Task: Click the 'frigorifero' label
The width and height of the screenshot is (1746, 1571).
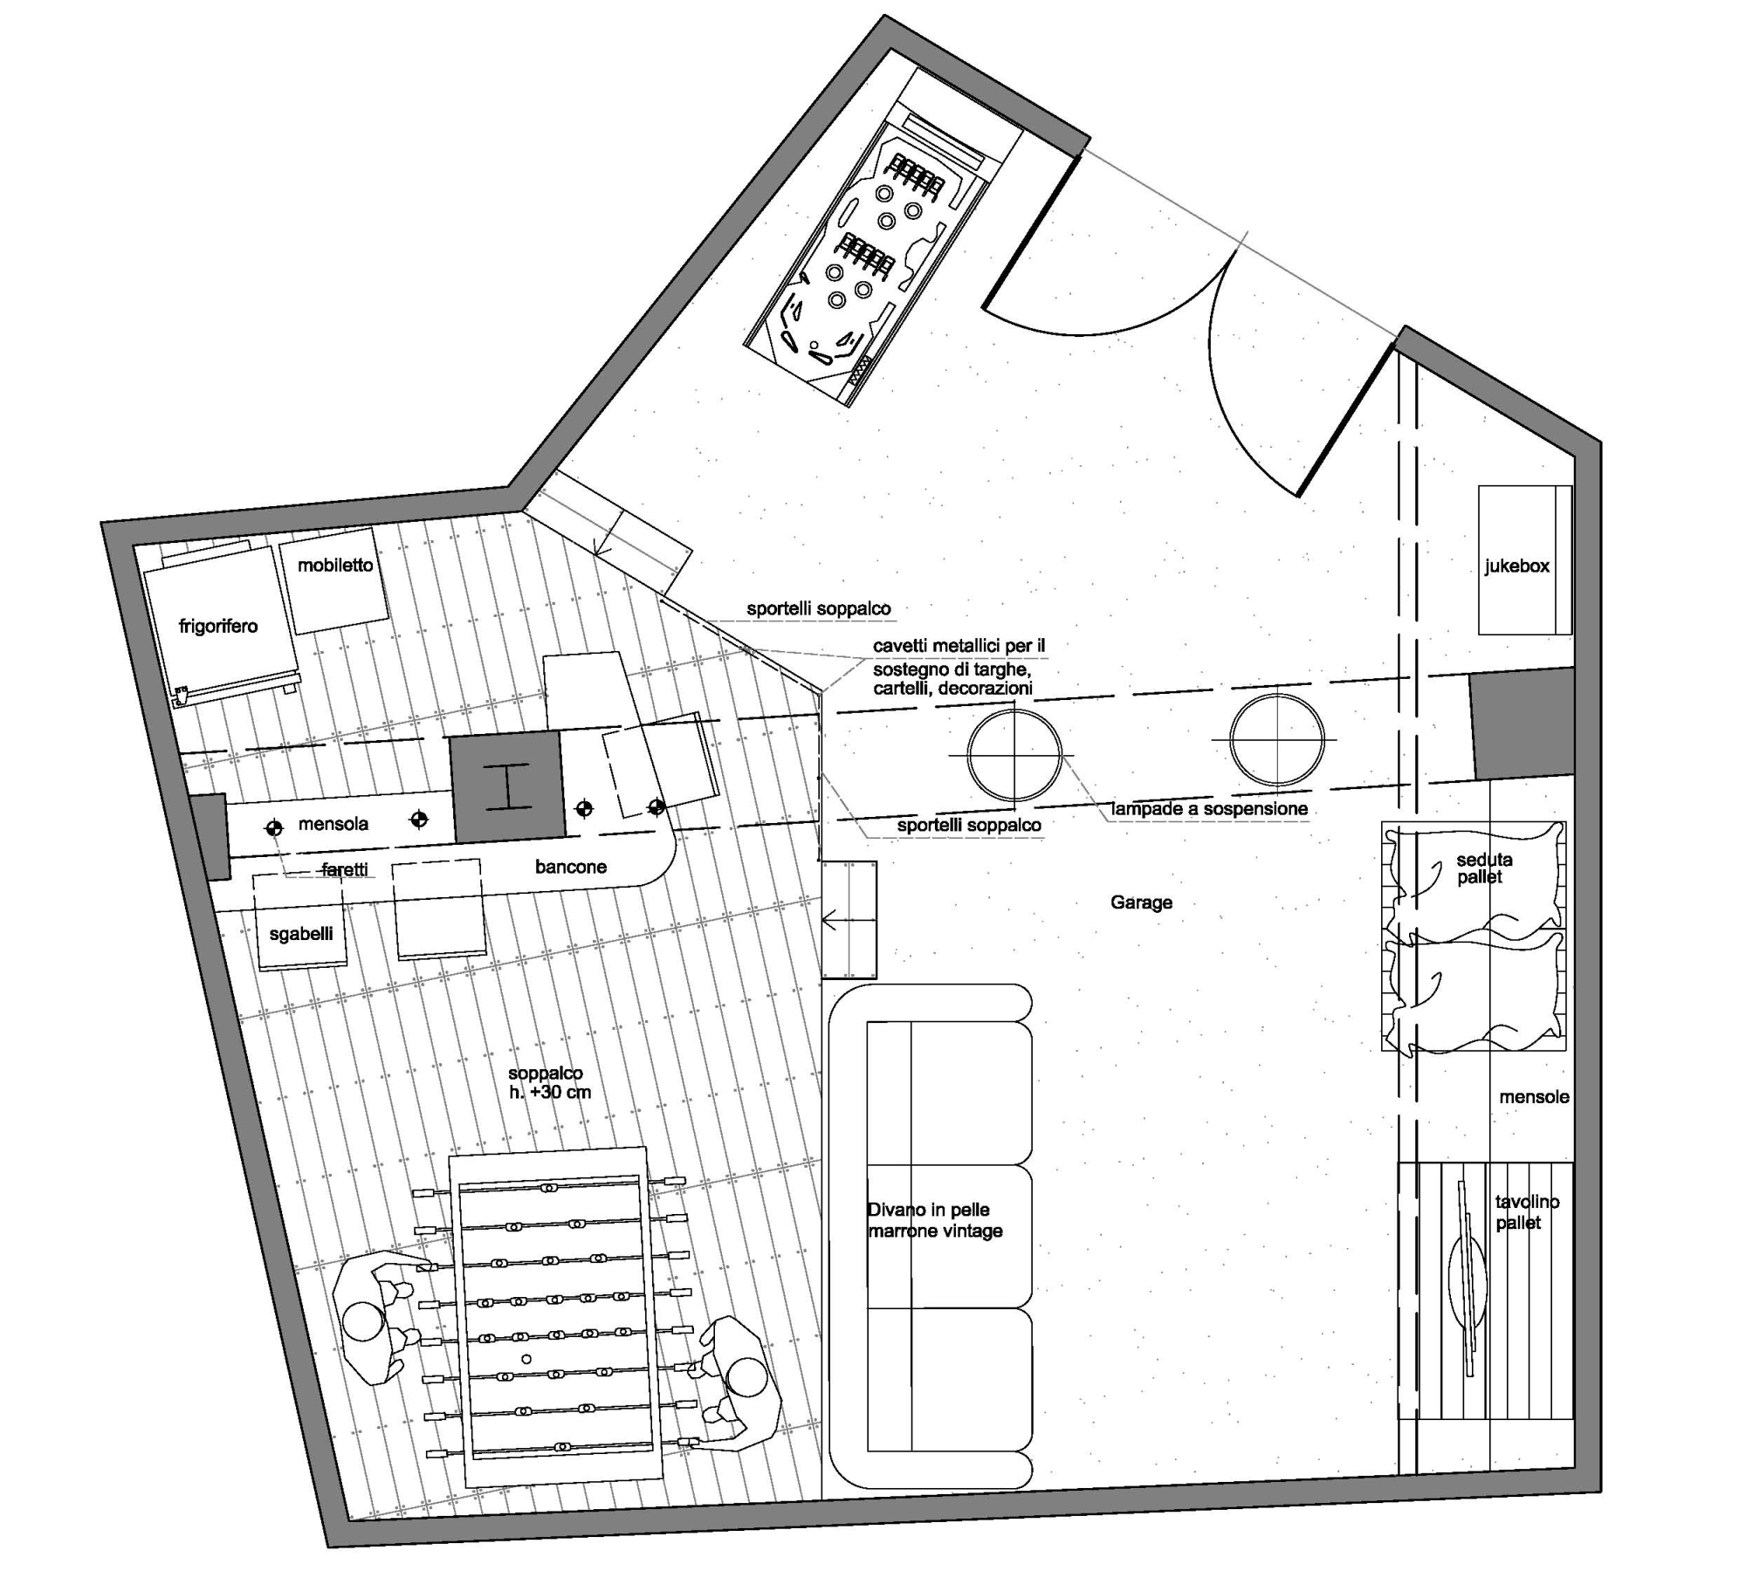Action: coord(218,626)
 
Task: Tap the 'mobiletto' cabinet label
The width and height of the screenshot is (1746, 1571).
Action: coord(335,565)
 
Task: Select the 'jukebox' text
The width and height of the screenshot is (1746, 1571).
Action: coord(1517,566)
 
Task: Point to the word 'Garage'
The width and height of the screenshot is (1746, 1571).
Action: coord(1141,902)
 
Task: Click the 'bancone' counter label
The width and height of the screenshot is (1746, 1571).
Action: coord(571,867)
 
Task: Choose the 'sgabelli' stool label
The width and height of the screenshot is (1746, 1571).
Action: coord(301,934)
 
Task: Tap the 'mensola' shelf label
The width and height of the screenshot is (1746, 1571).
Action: coord(333,824)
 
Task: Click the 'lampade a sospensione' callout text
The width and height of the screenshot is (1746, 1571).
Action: coord(1209,809)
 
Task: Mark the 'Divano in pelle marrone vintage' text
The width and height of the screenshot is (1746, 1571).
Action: coord(934,1220)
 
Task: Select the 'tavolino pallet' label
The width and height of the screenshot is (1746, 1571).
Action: coord(1527,1212)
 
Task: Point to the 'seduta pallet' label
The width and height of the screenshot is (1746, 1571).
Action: coord(1484,868)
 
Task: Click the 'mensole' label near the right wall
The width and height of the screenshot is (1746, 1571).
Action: coord(1534,1097)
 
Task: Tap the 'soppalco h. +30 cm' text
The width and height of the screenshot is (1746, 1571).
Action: coord(549,1083)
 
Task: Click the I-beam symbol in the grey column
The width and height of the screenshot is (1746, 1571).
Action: coord(506,787)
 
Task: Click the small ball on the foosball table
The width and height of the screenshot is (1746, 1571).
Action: coord(526,1359)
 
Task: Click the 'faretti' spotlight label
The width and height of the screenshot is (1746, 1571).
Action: coord(345,869)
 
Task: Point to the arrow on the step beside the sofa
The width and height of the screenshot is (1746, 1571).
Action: coord(849,920)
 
